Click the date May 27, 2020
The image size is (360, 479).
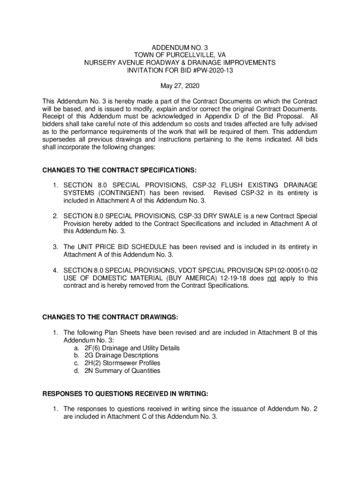coord(180,86)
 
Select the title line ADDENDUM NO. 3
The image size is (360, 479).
coord(180,48)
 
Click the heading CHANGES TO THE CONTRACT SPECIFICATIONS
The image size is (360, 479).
coord(120,170)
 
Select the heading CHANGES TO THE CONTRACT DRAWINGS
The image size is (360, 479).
coord(110,317)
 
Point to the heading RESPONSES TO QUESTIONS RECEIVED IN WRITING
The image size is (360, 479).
coord(125,393)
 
